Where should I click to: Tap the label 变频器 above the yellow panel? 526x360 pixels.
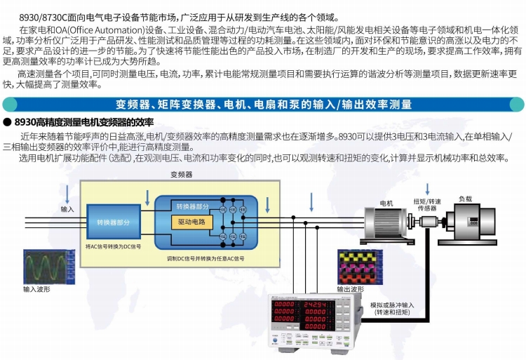click(x=181, y=174)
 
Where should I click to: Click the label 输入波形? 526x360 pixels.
click(x=36, y=288)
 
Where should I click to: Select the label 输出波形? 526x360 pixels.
click(x=351, y=288)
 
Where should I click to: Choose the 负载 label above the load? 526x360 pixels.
click(x=466, y=199)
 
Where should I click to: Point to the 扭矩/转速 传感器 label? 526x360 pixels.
click(x=426, y=204)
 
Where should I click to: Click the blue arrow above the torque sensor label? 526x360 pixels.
click(x=427, y=188)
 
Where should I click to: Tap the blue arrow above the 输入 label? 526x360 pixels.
click(x=67, y=194)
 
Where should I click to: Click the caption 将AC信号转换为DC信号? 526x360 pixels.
click(x=113, y=246)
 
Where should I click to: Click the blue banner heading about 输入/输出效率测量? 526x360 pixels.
click(x=263, y=105)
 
